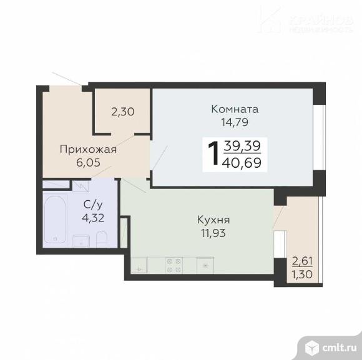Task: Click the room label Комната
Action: click(x=235, y=109)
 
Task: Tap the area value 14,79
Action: click(x=235, y=122)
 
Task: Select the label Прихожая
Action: click(x=88, y=150)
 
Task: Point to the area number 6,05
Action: click(x=88, y=163)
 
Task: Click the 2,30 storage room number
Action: click(x=123, y=112)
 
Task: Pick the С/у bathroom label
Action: click(x=93, y=205)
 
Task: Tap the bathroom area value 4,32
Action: click(x=93, y=218)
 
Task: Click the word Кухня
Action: click(x=213, y=220)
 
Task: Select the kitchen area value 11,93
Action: click(x=213, y=233)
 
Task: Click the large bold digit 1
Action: click(x=213, y=153)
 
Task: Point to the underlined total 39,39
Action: click(x=242, y=146)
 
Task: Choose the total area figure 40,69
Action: click(x=242, y=163)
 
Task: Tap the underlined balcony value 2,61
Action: click(x=302, y=261)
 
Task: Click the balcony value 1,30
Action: click(x=302, y=275)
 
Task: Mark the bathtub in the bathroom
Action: click(x=55, y=219)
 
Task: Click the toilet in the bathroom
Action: click(x=101, y=238)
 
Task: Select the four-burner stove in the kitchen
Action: click(x=174, y=265)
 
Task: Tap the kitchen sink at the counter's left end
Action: click(x=139, y=265)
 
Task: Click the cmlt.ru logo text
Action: click(x=339, y=348)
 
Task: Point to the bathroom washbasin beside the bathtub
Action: click(x=81, y=241)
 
